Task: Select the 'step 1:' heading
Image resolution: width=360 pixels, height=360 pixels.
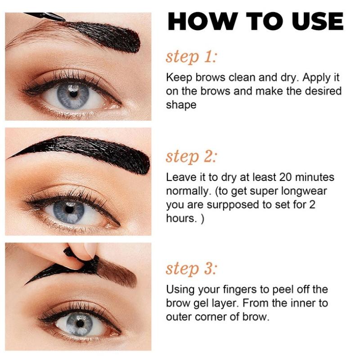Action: [x=191, y=57]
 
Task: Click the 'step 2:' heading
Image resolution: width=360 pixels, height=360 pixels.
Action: [x=191, y=157]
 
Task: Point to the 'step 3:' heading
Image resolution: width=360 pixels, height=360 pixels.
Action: [x=191, y=269]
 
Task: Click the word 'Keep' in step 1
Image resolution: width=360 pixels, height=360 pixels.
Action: [x=179, y=78]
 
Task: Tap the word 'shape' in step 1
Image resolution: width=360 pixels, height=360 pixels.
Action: [x=181, y=105]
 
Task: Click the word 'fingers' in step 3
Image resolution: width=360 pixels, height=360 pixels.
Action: [x=240, y=289]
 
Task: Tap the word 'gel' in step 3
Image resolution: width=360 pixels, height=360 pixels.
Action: [x=201, y=303]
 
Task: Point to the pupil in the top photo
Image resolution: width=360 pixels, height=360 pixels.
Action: [x=73, y=94]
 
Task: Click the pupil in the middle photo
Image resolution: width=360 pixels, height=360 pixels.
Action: [x=69, y=209]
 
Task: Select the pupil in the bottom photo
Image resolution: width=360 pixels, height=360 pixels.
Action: [x=80, y=324]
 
